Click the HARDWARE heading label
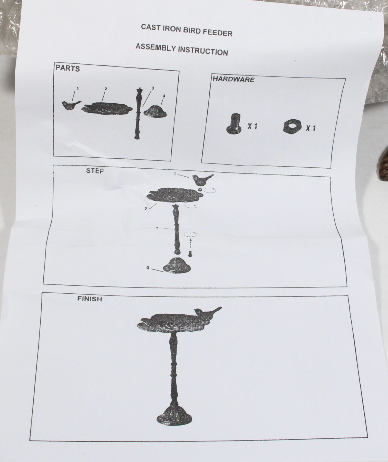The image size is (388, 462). [x=234, y=79]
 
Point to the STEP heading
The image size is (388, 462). [x=95, y=171]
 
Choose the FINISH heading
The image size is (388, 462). [x=90, y=299]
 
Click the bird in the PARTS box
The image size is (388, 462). [x=71, y=105]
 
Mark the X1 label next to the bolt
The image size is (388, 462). [x=252, y=126]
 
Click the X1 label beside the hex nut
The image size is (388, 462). [x=310, y=128]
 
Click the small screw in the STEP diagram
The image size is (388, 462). [x=190, y=253]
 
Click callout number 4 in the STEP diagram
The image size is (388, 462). [x=148, y=267]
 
